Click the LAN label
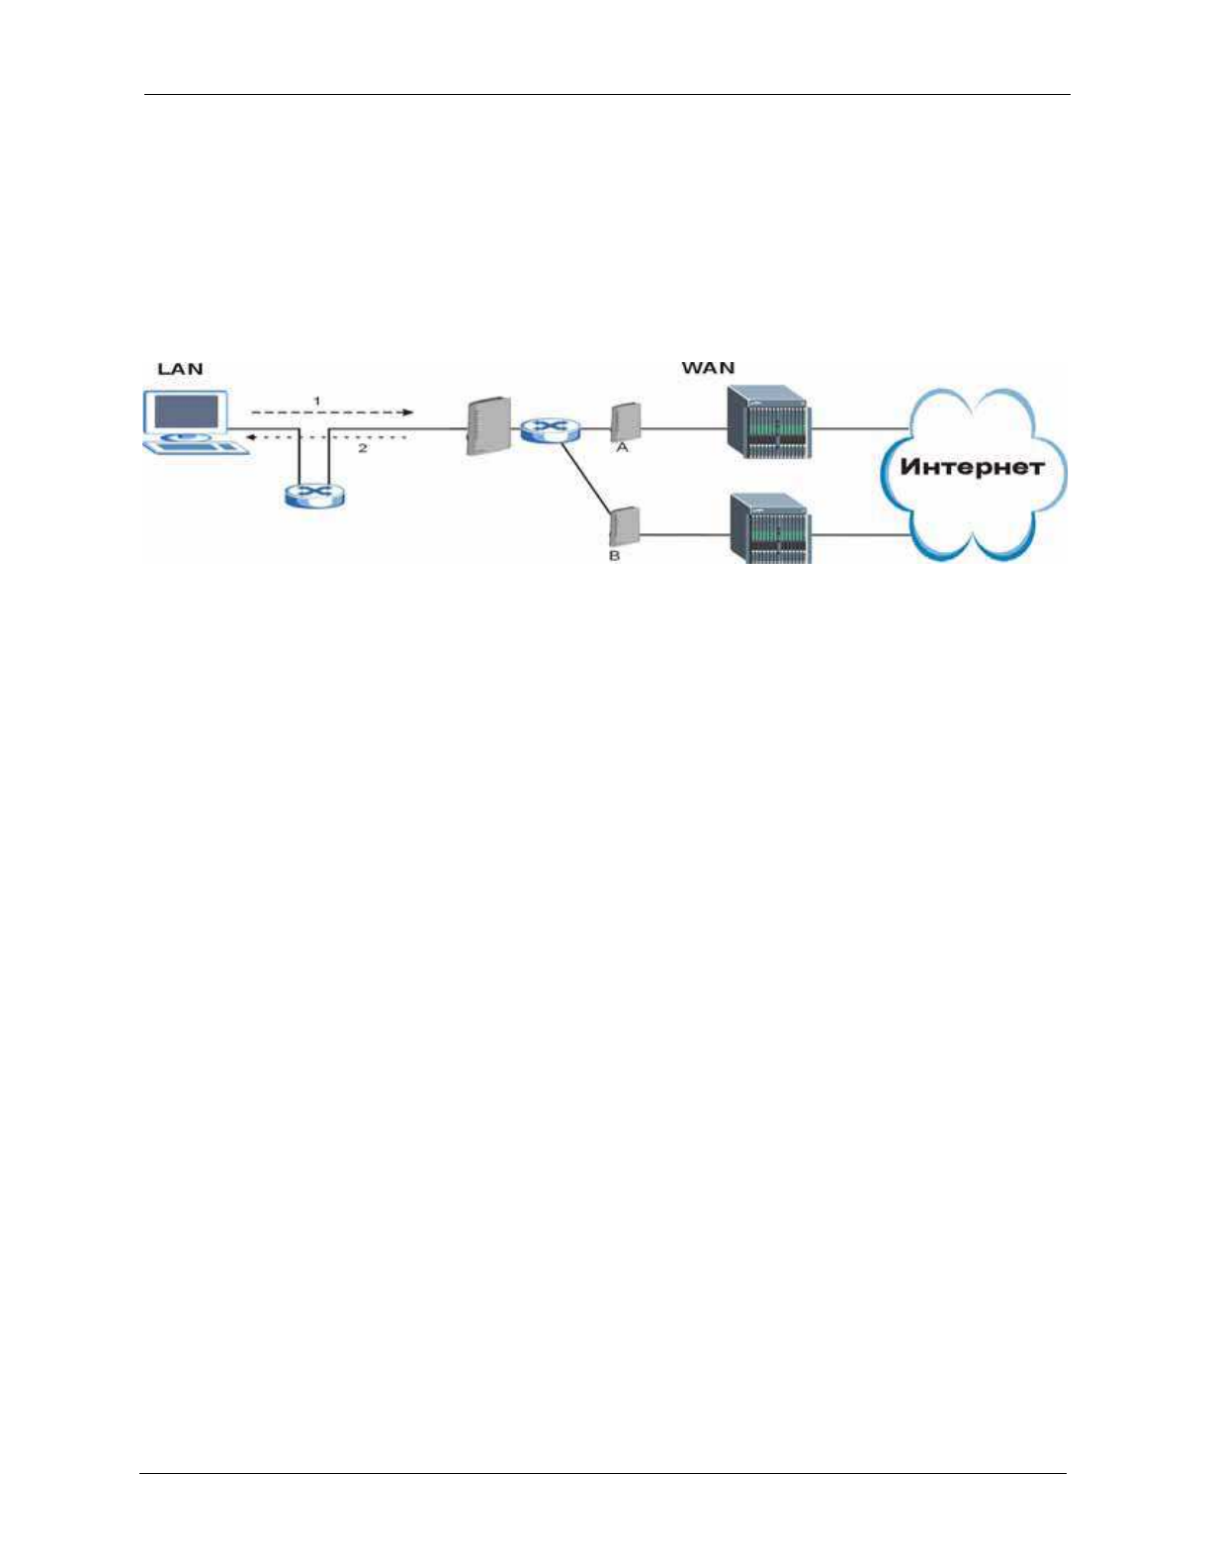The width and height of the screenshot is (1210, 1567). point(180,368)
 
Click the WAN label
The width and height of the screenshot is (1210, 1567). point(708,368)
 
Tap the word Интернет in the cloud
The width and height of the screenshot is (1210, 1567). point(972,467)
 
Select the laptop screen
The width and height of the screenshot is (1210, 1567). point(188,412)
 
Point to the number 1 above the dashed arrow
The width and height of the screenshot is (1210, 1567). point(316,401)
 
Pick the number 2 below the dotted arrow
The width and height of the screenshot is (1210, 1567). point(363,448)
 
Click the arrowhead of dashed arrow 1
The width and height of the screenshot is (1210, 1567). point(408,413)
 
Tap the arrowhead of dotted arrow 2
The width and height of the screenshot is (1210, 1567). point(251,437)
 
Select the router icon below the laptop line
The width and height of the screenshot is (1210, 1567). point(314,497)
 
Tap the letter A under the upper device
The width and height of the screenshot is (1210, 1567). point(623,448)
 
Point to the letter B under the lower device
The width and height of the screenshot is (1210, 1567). point(615,556)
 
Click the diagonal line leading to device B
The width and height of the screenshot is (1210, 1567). point(586,479)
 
